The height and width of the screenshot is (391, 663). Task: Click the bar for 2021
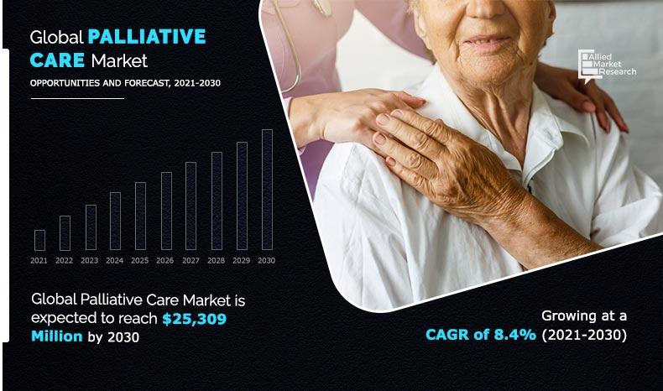coord(39,240)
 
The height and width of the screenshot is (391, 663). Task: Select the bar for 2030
coord(267,190)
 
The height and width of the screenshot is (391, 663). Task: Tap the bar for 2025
coord(140,216)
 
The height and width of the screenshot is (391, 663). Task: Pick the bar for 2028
coord(217,201)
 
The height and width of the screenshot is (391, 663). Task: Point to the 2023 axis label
coord(89,260)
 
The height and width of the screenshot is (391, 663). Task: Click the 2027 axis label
coord(191,260)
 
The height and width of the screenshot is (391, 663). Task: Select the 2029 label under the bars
coord(242,260)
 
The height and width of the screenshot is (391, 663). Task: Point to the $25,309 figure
coord(194,319)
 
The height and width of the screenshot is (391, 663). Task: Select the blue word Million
coord(57,336)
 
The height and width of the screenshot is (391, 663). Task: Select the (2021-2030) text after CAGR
coord(584,335)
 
